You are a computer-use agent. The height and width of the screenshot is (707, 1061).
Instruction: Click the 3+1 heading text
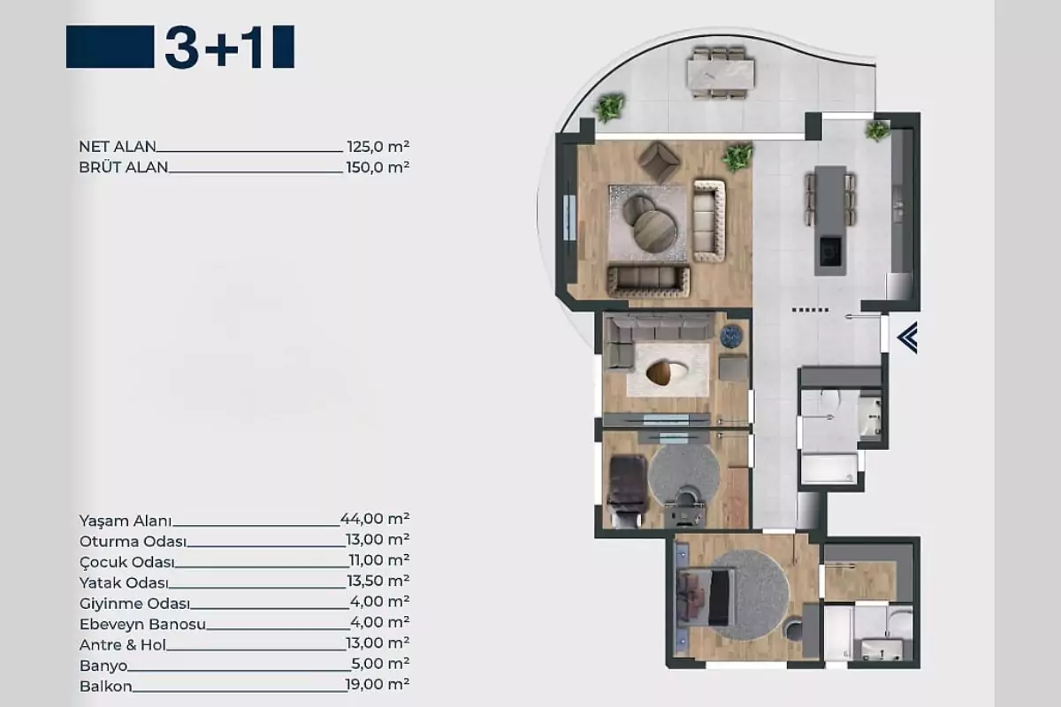pos(214,47)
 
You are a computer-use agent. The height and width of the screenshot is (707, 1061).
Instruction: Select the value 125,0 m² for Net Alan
pos(378,147)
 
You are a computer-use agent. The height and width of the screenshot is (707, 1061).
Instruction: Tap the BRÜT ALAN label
pos(123,167)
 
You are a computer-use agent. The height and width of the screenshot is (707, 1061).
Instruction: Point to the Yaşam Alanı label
pos(125,521)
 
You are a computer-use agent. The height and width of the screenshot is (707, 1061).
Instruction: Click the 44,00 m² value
pos(375,519)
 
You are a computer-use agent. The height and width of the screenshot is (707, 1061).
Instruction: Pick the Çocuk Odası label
pos(127,562)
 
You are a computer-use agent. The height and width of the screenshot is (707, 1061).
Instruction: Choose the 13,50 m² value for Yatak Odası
pos(378,581)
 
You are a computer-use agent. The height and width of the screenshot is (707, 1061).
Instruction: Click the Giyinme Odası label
pos(134,604)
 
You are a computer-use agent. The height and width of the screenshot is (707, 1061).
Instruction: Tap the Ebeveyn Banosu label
pos(142,624)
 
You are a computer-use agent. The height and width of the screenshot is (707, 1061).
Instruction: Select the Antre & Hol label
pos(123,645)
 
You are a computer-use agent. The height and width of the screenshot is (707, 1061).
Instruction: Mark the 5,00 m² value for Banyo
pos(380,664)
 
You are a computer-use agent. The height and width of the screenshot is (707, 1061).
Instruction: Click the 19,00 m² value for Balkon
pos(378,684)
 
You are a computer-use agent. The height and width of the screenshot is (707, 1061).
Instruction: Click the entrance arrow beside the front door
pos(907,338)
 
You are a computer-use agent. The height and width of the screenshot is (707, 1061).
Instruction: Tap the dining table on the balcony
pos(721,72)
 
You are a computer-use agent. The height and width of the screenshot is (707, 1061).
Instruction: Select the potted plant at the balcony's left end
pos(609,108)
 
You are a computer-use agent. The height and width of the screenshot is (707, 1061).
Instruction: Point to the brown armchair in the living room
pos(659,162)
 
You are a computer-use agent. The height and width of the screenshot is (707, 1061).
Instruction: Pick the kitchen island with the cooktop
pos(830,221)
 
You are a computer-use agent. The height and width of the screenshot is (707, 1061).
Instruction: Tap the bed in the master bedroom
pos(706,597)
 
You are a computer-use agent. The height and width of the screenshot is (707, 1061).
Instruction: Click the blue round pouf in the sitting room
pos(731,336)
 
